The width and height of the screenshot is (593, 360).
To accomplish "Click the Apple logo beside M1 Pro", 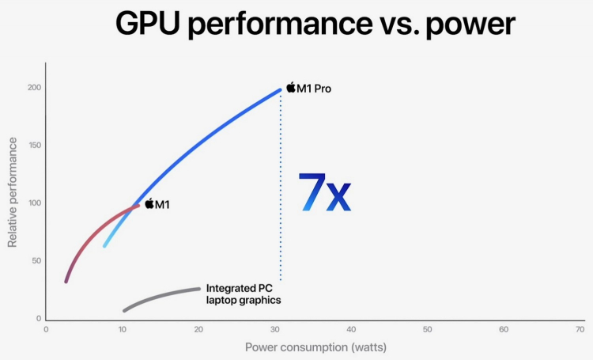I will click(x=290, y=87).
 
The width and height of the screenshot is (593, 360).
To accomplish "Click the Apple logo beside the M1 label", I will click(x=149, y=203).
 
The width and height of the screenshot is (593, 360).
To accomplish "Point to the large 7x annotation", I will click(x=323, y=192).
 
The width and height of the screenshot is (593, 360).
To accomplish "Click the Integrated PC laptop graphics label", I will click(x=243, y=294).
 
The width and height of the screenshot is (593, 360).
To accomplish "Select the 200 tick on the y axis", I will click(x=32, y=88).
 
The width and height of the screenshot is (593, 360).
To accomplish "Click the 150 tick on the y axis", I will click(x=32, y=146).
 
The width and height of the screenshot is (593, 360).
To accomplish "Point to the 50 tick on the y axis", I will click(x=35, y=261).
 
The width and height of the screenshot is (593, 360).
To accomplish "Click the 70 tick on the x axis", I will click(x=580, y=328).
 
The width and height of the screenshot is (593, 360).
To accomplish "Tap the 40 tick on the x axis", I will click(x=351, y=328).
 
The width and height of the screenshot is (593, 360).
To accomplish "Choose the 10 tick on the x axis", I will click(x=122, y=328).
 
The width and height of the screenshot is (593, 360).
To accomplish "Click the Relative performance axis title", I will click(x=13, y=192).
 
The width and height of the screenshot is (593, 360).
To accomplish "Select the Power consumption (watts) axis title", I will click(x=315, y=347).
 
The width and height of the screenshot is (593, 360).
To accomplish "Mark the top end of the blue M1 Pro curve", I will click(x=279, y=90).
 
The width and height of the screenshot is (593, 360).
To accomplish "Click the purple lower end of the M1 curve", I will click(x=66, y=279).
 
